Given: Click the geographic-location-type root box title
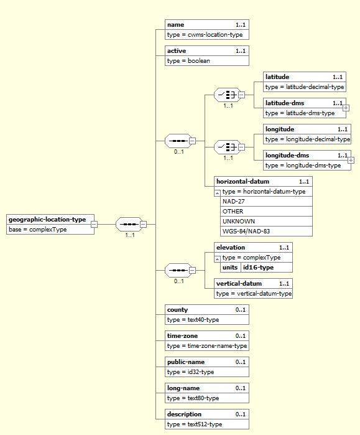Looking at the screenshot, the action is [x=47, y=220].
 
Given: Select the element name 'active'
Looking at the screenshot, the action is [x=177, y=51].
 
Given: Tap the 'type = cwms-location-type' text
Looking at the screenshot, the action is [x=205, y=35].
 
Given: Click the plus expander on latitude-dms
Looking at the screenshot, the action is [x=346, y=108].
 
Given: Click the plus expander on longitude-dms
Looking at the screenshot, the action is [x=351, y=160].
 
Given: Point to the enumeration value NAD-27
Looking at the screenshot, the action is [x=233, y=202].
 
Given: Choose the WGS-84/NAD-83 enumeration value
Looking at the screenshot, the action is [x=246, y=231].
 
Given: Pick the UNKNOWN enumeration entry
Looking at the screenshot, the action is [x=239, y=222].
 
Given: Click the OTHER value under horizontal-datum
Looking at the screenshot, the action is [x=233, y=212].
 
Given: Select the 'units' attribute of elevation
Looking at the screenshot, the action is [x=230, y=268].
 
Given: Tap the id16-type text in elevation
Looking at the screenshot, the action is [x=258, y=268].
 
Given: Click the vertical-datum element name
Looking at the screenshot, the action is [x=239, y=284].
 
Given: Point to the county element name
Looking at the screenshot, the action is [x=177, y=310].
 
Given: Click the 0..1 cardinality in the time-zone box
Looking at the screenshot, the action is [x=241, y=336].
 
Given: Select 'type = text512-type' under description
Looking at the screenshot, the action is [x=195, y=424].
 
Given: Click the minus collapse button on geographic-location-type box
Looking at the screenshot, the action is [x=95, y=224].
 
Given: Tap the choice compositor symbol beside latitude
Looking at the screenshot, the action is [x=228, y=95].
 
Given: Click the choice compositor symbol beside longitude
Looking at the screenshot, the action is [x=228, y=147].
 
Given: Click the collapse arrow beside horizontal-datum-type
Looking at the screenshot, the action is [x=218, y=193].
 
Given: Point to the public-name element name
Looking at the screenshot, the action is [x=186, y=362].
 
